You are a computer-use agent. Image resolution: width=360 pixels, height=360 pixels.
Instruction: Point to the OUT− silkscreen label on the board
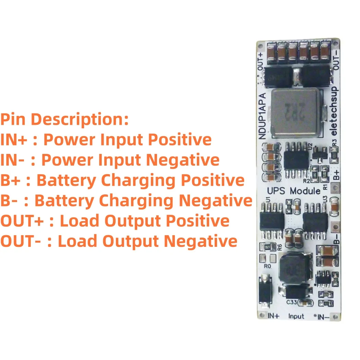337,60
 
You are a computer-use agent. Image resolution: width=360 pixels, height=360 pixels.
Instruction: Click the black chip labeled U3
314,220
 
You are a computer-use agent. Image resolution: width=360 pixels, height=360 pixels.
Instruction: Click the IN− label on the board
323,316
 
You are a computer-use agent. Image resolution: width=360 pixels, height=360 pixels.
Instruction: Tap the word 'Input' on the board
296,316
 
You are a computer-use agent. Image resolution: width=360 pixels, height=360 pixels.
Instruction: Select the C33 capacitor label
292,302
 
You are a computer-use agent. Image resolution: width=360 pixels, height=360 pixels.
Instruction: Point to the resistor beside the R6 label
267,247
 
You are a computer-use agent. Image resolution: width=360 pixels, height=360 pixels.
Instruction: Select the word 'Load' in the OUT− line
78,241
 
